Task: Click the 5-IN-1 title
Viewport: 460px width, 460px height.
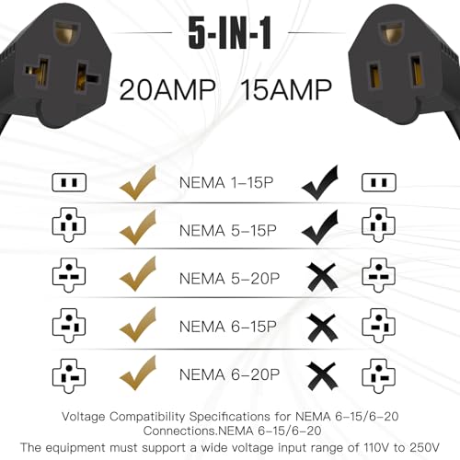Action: (x=230, y=33)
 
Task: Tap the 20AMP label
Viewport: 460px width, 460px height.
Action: (x=167, y=90)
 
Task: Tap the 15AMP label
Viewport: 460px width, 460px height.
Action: (x=286, y=90)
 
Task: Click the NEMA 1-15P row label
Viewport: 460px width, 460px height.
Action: (x=226, y=183)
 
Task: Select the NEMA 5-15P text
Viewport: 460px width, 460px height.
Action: (x=228, y=231)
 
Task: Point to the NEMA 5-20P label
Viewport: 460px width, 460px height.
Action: (x=229, y=279)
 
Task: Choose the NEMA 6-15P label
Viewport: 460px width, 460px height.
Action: (x=228, y=327)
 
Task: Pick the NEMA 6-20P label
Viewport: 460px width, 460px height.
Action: (x=229, y=374)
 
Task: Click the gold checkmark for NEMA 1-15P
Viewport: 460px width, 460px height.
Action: (x=138, y=183)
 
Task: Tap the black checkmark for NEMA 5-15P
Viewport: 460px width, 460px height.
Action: (x=320, y=227)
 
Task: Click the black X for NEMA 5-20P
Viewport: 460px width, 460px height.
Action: (x=322, y=277)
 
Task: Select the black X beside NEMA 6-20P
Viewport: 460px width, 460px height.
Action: (x=322, y=376)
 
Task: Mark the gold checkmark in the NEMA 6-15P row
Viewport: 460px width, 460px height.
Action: (x=138, y=326)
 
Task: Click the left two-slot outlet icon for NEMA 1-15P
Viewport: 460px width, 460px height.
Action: (x=69, y=182)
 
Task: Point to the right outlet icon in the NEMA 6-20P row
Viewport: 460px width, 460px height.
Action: (x=378, y=376)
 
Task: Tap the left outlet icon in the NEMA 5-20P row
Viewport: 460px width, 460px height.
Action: (x=69, y=275)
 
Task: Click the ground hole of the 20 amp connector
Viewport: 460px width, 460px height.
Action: (x=66, y=33)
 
